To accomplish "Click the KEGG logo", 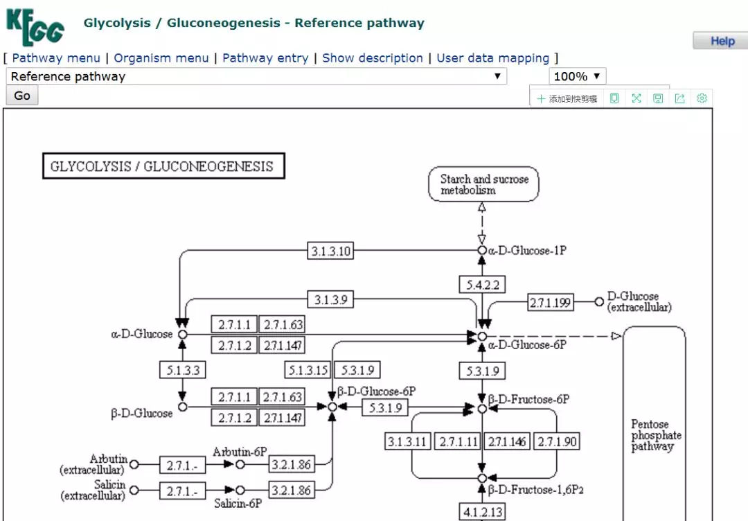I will (x=35, y=27).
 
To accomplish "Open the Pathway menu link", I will (x=56, y=58).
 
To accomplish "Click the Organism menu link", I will (x=161, y=58).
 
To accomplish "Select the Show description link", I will (x=373, y=58).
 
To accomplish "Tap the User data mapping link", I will (x=492, y=58).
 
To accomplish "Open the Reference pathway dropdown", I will (x=256, y=76).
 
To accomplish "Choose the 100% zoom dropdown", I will (x=577, y=76).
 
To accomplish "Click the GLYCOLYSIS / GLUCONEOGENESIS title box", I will (x=163, y=166).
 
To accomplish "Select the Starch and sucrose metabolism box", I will (x=483, y=184).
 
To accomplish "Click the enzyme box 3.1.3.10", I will (x=330, y=251).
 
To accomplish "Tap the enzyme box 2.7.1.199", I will (x=551, y=302).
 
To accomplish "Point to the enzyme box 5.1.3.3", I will (x=183, y=370).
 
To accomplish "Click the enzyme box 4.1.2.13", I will (x=482, y=512).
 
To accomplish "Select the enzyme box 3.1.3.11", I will (x=408, y=441).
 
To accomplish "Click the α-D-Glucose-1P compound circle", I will (x=482, y=250).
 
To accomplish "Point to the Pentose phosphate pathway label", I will (x=655, y=435).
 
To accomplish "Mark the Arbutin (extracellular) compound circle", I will (x=134, y=464).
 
